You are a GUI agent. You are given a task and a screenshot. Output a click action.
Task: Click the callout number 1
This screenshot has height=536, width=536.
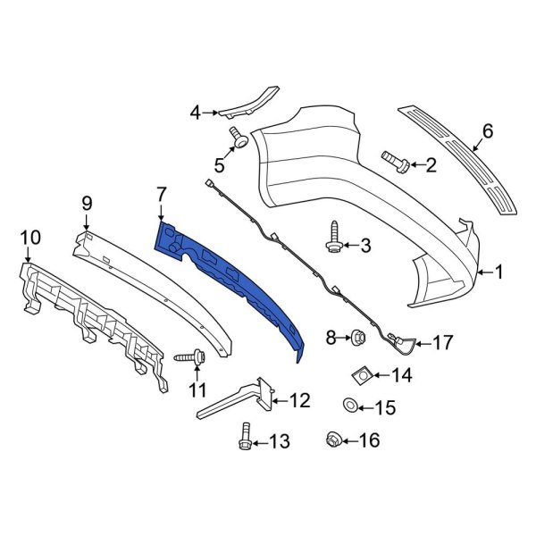500,271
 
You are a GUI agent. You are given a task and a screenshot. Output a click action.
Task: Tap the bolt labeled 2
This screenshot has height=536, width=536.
396,163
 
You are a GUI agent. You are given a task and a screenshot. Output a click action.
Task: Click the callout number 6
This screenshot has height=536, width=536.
487,131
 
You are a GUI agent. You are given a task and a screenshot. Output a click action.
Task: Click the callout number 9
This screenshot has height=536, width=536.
88,203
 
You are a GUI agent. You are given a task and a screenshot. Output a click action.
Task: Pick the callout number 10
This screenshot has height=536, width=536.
29,237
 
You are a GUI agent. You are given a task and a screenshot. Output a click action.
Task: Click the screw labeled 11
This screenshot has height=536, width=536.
190,357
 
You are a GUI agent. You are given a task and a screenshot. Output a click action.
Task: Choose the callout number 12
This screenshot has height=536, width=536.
299,400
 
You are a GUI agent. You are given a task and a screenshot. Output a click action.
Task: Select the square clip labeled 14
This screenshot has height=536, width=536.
363,376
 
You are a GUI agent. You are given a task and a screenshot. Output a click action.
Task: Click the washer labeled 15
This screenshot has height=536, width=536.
350,407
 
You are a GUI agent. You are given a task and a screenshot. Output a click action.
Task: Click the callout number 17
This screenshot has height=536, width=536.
444,342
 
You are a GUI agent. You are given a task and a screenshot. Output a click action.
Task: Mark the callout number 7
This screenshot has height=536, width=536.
161,193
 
